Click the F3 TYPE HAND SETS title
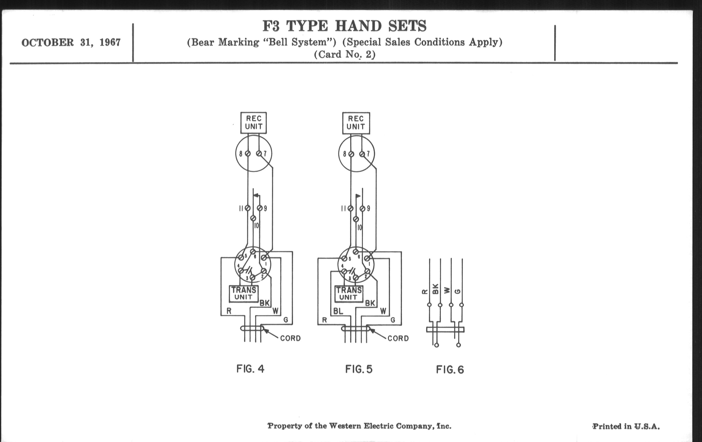344,26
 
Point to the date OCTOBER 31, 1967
71,42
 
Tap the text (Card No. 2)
344,55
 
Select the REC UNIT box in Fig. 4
253,123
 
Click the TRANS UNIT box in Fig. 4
243,294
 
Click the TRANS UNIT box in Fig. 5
349,294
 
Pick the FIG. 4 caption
251,369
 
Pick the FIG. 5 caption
359,369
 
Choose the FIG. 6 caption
450,370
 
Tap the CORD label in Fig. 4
290,338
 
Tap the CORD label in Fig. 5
398,338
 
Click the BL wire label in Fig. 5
338,311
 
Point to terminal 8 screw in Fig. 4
248,153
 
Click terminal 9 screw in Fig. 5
362,209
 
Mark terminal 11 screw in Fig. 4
247,208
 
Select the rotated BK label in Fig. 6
435,289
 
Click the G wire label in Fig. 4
286,320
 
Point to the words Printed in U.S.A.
626,426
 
